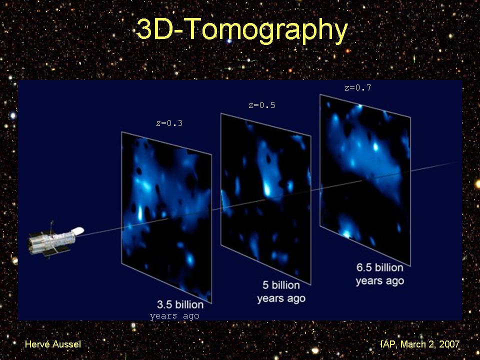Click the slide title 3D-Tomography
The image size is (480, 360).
242,30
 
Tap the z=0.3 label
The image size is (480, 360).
169,123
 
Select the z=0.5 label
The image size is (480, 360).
262,105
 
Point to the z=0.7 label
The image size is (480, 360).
358,88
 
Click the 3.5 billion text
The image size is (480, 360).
180,304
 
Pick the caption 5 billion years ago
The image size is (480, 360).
281,291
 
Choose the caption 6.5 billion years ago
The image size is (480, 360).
380,274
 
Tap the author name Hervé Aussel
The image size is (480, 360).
53,344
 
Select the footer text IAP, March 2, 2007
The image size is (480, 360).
419,344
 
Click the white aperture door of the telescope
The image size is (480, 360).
78,231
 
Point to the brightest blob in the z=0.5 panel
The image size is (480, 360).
267,189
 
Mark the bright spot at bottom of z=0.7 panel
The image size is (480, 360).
346,234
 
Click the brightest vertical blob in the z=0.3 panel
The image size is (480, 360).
140,213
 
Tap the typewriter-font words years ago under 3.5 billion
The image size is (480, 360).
174,316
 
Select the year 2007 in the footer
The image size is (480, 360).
449,344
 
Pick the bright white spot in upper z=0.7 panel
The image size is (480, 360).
375,147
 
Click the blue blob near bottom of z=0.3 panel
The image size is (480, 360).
190,259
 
